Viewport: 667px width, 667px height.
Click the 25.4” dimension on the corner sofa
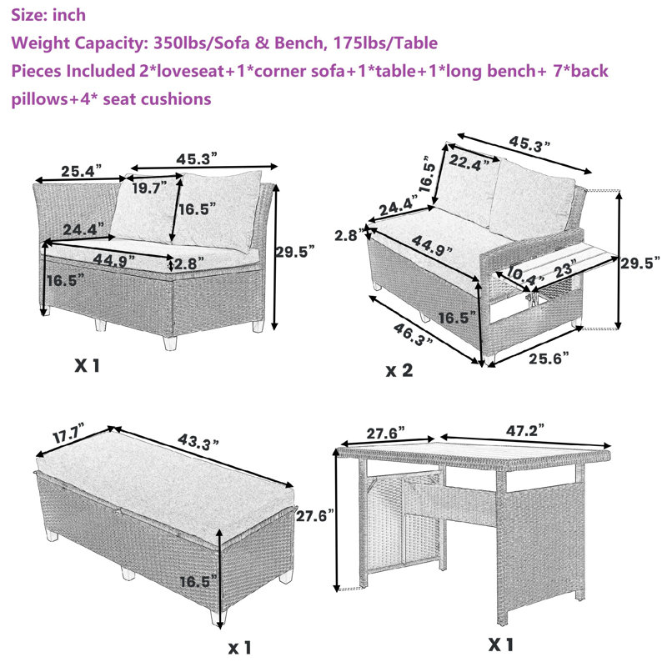point(81,171)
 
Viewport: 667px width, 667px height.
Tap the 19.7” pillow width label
point(149,188)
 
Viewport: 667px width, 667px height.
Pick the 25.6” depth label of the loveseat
point(549,359)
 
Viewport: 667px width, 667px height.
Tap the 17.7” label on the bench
point(68,434)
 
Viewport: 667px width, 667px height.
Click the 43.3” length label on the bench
point(198,442)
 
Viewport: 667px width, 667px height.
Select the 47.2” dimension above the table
point(525,430)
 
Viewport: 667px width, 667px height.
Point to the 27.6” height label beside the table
point(315,516)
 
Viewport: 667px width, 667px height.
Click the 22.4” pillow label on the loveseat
point(469,163)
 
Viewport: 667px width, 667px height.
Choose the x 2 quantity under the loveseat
point(399,370)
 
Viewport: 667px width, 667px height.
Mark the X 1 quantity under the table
point(501,644)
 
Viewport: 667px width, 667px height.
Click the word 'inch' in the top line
point(69,15)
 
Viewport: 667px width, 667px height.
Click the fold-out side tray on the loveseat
point(558,265)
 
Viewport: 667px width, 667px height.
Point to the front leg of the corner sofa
point(170,343)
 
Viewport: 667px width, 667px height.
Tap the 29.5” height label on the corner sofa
point(295,252)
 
